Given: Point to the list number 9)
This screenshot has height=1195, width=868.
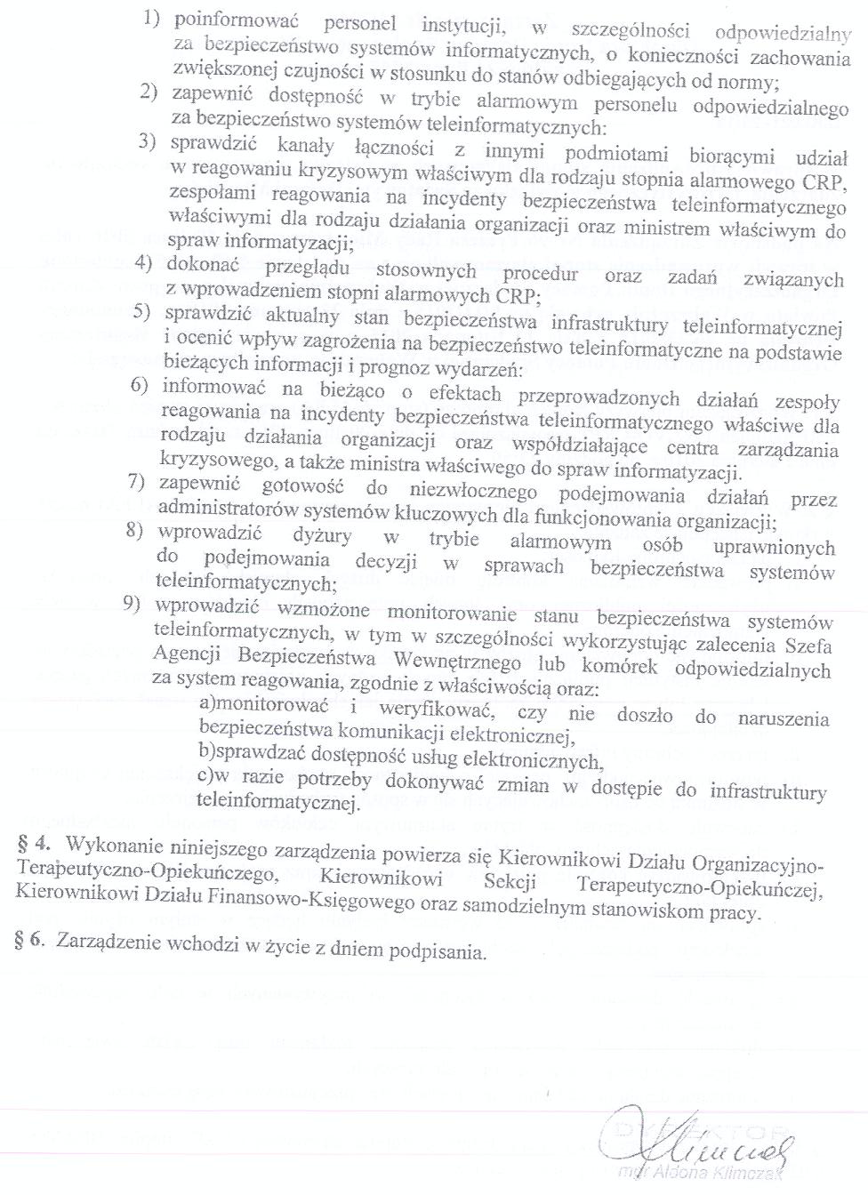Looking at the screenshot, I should pyautogui.click(x=133, y=605).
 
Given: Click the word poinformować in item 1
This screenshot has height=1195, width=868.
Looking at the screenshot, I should pyautogui.click(x=237, y=20).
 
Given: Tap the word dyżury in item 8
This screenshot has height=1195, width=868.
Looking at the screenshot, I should pyautogui.click(x=322, y=536).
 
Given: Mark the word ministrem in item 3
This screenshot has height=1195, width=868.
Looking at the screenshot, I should pyautogui.click(x=665, y=228).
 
